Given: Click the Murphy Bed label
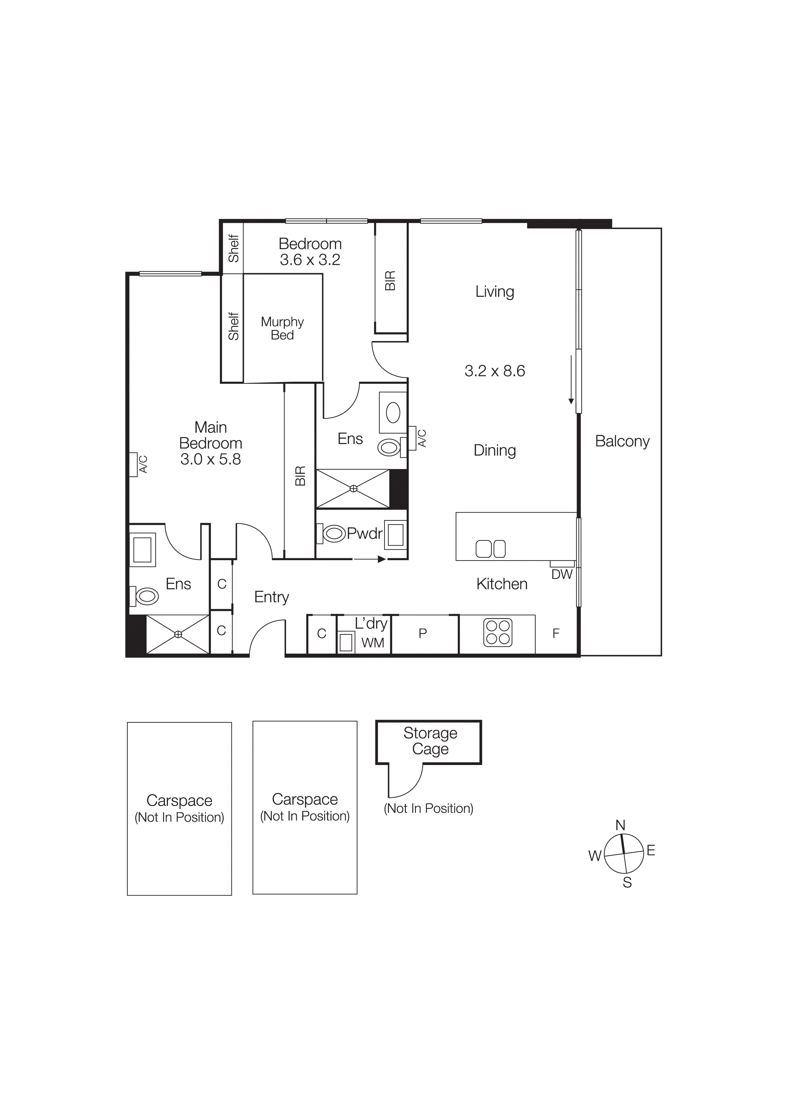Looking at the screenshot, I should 282,328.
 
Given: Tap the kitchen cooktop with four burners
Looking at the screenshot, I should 497,633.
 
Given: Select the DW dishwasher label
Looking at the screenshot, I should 562,574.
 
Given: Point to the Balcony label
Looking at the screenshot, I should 622,441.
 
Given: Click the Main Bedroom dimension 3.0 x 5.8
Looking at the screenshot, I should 210,459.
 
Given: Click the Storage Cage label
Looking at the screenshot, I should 430,741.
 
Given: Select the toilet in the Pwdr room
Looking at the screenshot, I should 334,534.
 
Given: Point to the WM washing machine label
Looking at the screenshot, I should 372,643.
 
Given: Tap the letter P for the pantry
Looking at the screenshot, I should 423,633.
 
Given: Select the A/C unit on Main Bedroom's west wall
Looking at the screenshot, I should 133,464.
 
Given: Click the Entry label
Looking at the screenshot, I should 271,597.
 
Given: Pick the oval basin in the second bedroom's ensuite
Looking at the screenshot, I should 393,413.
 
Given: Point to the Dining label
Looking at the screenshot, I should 495,450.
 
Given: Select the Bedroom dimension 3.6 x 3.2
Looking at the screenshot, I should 310,259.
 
